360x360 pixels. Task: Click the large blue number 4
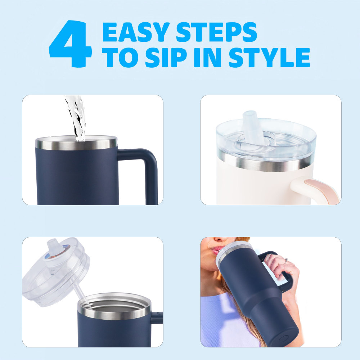point(71,44)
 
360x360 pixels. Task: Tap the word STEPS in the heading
point(216,32)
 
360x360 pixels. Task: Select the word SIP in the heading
point(166,57)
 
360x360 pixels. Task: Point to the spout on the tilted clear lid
point(53,248)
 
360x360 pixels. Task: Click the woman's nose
point(222,240)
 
